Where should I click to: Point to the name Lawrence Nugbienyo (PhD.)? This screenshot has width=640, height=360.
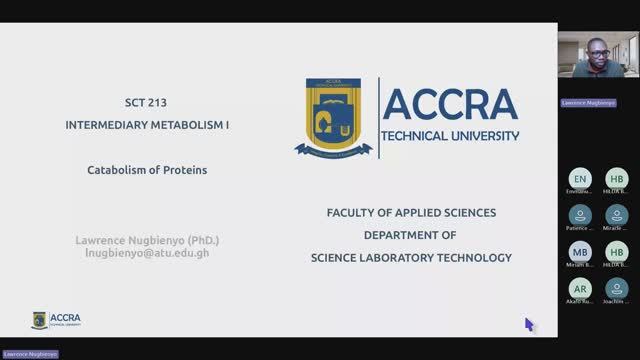147,241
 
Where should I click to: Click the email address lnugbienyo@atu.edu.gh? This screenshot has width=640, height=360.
147,253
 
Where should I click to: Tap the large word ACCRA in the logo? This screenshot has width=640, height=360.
450,105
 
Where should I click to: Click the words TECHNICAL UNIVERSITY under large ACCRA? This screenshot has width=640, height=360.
451,135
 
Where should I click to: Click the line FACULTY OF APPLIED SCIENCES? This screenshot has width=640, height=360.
411,213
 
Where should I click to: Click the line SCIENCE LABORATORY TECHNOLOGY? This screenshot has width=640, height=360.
411,257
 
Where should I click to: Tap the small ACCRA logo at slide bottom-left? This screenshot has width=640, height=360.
56,319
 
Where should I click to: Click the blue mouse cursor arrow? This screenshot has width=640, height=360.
529,324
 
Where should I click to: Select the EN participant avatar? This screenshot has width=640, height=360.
580,178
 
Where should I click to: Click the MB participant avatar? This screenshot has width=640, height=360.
580,251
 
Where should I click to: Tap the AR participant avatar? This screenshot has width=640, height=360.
580,287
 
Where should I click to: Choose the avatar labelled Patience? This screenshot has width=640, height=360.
580,214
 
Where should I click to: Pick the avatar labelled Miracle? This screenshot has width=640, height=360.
617,214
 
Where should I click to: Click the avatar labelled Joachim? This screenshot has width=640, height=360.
617,287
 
